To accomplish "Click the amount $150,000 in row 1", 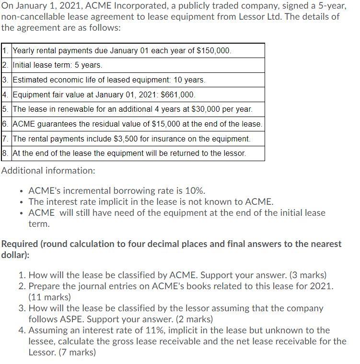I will [214, 51].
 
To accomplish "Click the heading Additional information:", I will [48, 170].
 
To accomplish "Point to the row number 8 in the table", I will [5, 153].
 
